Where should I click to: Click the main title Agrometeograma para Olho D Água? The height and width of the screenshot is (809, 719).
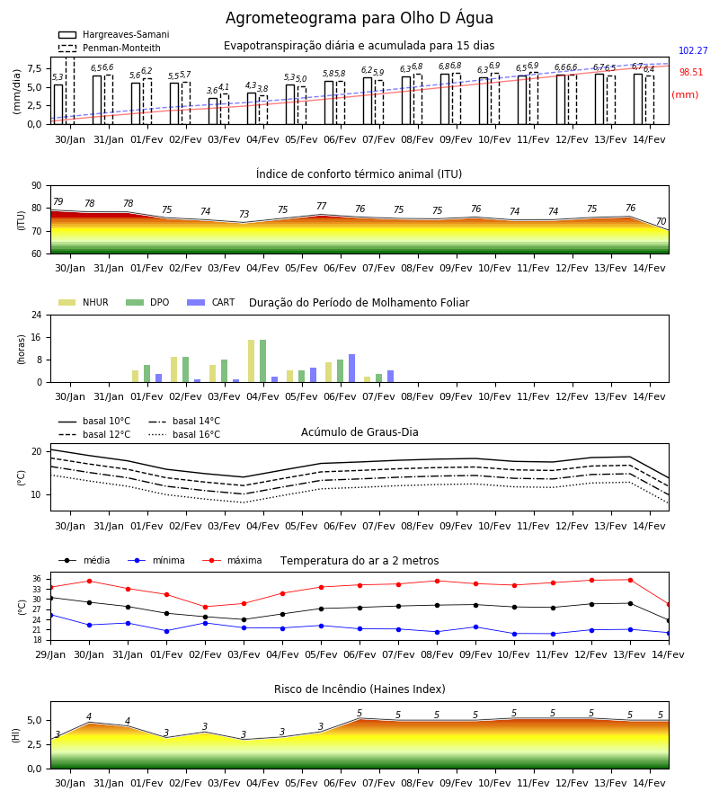(359, 18)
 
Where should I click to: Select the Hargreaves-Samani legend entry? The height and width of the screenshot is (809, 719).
(114, 34)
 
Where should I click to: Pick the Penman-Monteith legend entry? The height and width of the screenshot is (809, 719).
(110, 48)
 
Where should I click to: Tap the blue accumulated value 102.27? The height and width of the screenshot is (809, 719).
(693, 50)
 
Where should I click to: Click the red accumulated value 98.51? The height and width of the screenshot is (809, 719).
(690, 72)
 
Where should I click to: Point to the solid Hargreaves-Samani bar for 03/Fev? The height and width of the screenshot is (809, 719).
(213, 111)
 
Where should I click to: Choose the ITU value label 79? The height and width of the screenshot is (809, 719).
(58, 201)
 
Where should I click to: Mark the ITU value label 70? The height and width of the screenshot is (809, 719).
(661, 221)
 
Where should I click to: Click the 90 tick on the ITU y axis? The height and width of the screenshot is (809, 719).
(37, 186)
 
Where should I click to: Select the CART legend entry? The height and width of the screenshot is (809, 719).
(211, 302)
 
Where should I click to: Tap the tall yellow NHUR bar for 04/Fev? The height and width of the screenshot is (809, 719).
(251, 361)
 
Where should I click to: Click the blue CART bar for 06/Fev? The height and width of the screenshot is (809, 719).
(351, 369)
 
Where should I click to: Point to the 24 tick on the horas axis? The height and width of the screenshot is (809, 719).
(37, 315)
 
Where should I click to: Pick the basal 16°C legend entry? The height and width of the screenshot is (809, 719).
(184, 434)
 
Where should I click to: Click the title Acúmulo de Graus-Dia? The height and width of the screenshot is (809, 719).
(359, 432)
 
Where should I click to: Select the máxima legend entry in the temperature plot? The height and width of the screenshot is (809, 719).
(233, 560)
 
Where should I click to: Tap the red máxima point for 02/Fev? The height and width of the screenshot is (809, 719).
(205, 607)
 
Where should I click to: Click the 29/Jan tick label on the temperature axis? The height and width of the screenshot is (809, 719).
(50, 654)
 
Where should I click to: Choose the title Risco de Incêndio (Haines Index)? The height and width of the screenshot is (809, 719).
(359, 689)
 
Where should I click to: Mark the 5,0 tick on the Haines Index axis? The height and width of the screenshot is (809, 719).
(34, 720)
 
